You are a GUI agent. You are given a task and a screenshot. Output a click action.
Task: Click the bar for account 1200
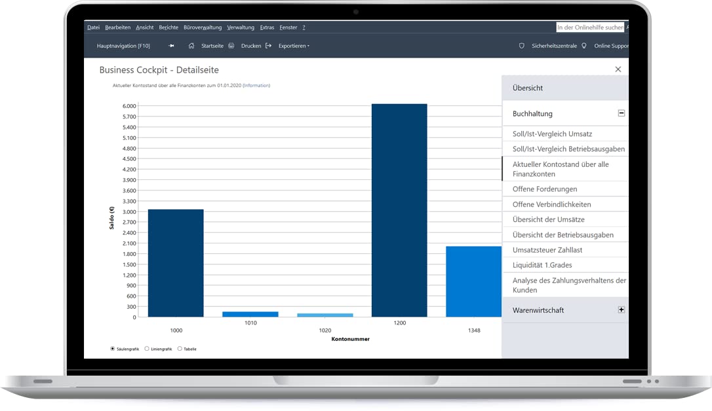[399, 210]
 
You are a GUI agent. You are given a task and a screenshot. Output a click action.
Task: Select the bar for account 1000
[176, 263]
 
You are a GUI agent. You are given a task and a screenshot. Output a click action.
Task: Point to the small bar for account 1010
[250, 314]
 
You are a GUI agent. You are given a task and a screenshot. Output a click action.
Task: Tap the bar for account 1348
[473, 281]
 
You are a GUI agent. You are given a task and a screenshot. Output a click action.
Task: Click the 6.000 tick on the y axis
[129, 106]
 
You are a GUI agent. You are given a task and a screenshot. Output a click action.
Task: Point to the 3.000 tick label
[129, 211]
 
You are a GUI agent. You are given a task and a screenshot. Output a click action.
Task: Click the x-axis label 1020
[325, 331]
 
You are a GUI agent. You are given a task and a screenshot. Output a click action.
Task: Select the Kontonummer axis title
[351, 339]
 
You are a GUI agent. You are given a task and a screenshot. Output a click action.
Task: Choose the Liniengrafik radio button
[147, 348]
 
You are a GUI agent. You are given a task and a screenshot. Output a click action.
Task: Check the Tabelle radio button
[180, 348]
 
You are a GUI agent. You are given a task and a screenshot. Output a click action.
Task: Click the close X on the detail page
[618, 69]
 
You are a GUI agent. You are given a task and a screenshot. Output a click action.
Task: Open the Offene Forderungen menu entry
[545, 189]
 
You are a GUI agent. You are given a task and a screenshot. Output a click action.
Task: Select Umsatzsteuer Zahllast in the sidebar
[547, 250]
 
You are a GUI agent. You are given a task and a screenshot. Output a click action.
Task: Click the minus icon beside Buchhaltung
[621, 113]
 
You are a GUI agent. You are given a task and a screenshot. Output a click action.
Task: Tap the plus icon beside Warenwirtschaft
[621, 310]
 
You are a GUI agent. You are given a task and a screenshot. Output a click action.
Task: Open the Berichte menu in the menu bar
[168, 27]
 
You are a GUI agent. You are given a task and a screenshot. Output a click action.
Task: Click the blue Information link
[256, 85]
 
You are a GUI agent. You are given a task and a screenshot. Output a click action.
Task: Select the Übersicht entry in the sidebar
[528, 88]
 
